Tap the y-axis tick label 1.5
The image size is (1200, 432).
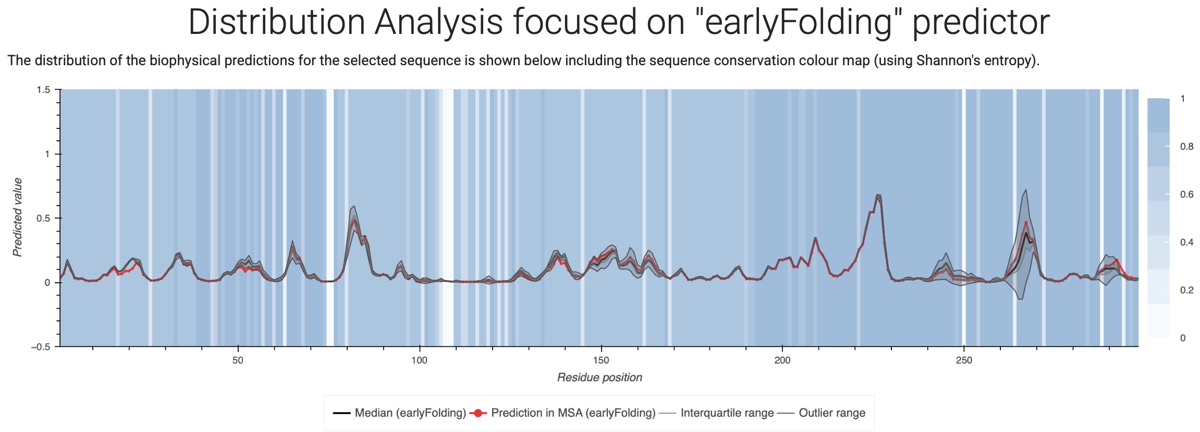click(43, 90)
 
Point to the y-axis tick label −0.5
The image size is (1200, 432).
click(41, 347)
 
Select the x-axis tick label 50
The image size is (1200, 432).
click(238, 361)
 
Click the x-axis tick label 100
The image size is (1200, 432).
click(419, 361)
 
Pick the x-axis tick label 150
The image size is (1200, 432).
click(601, 361)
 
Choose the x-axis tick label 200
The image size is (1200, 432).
click(782, 361)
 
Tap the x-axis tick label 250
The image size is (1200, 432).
click(964, 361)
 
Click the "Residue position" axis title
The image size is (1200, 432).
click(599, 378)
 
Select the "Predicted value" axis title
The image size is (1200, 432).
click(18, 217)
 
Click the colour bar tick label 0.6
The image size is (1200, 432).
click(1187, 195)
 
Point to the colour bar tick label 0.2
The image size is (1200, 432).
click(1187, 290)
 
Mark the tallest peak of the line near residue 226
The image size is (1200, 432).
click(878, 195)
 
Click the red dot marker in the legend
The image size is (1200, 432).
click(478, 413)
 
